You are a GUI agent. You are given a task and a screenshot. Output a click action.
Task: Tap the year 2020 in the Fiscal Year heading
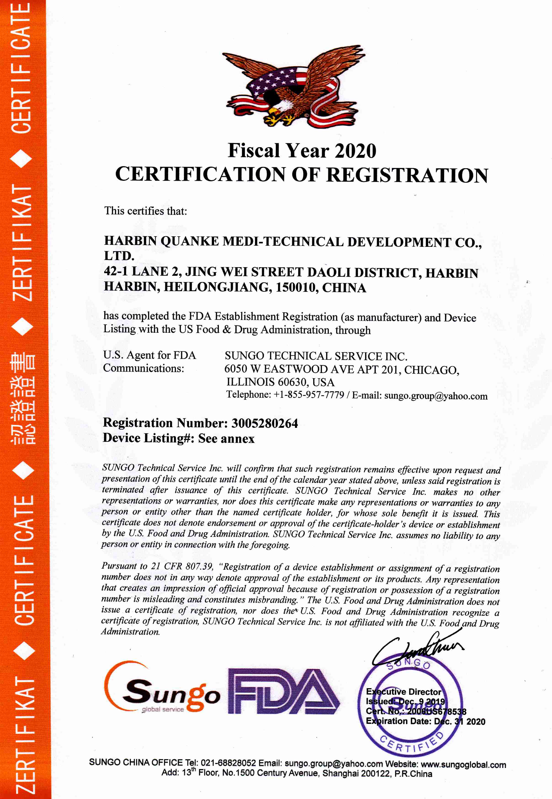coord(355,151)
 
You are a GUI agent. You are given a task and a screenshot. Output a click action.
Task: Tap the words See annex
coord(226,439)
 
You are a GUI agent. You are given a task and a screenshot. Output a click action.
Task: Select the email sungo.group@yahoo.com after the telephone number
coord(436,396)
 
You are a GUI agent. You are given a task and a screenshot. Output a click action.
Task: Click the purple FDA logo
coord(283,692)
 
